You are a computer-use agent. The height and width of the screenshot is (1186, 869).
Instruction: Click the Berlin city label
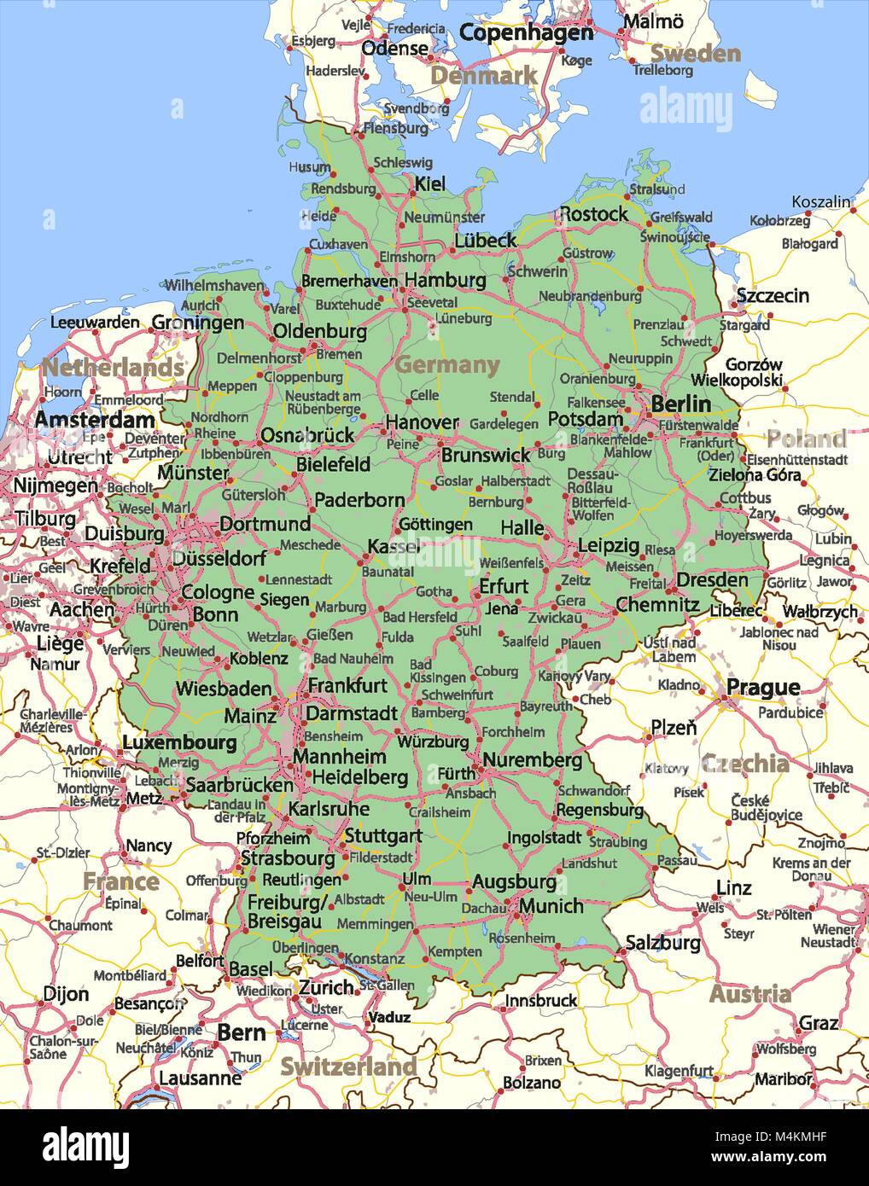pyautogui.click(x=680, y=404)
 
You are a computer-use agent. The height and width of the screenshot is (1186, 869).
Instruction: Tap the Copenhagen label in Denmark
pyautogui.click(x=526, y=32)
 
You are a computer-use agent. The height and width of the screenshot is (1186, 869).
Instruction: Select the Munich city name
pyautogui.click(x=551, y=905)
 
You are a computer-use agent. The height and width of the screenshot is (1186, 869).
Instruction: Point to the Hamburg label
pyautogui.click(x=445, y=280)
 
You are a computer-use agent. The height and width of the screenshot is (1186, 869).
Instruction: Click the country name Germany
pyautogui.click(x=446, y=365)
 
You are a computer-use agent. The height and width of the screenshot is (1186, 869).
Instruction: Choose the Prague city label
pyautogui.click(x=762, y=687)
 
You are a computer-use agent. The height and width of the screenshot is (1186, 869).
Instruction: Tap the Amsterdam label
pyautogui.click(x=95, y=420)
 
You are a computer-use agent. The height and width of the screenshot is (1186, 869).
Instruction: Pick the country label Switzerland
pyautogui.click(x=348, y=1067)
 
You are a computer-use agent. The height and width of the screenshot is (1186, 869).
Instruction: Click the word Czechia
pyautogui.click(x=744, y=764)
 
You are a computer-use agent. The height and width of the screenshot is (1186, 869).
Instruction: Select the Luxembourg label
pyautogui.click(x=179, y=742)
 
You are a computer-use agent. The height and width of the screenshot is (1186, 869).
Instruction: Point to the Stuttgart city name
pyautogui.click(x=382, y=835)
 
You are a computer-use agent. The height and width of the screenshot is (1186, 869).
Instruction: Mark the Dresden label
pyautogui.click(x=712, y=580)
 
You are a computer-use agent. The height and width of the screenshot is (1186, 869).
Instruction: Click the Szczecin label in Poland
pyautogui.click(x=773, y=295)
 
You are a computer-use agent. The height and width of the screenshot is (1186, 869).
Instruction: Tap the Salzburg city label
pyautogui.click(x=663, y=943)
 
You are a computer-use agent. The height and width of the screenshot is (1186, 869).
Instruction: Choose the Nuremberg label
pyautogui.click(x=533, y=760)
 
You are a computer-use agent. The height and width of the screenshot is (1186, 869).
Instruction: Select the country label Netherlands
pyautogui.click(x=113, y=368)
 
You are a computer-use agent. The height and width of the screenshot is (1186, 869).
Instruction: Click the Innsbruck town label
pyautogui.click(x=541, y=1000)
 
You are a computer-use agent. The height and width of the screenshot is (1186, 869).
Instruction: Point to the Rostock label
pyautogui.click(x=594, y=214)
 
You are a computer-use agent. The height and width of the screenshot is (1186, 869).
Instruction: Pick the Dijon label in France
pyautogui.click(x=66, y=994)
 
